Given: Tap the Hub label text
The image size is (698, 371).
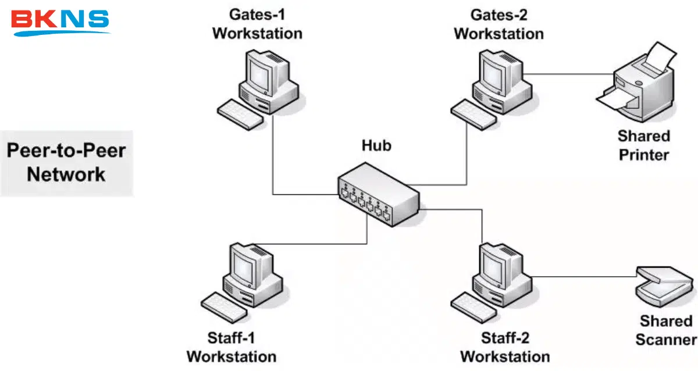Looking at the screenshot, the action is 376,145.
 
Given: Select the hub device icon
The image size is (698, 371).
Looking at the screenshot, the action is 379,194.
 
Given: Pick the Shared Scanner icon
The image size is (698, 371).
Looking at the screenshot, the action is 665,286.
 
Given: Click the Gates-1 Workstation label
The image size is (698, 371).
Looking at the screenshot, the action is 257,24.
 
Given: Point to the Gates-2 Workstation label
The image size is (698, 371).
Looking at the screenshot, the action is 499,24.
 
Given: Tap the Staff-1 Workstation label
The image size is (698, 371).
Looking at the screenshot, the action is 232,347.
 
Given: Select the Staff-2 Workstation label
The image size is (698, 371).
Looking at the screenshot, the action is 505,347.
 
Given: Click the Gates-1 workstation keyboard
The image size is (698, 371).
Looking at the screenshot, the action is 240,115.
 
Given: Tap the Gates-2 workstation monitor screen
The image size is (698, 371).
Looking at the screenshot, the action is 493,76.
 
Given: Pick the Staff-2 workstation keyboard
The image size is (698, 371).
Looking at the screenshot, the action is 473,308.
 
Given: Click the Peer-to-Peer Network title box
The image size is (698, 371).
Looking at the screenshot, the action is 66,163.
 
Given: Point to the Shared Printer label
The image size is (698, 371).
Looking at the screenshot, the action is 644,145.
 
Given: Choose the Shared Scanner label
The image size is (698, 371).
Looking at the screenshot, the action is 666,330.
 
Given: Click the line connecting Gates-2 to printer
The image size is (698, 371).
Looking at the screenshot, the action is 568,74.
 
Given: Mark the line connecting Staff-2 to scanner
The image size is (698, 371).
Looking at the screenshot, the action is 584,276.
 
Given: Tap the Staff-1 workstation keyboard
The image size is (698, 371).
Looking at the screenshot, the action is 225,308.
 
